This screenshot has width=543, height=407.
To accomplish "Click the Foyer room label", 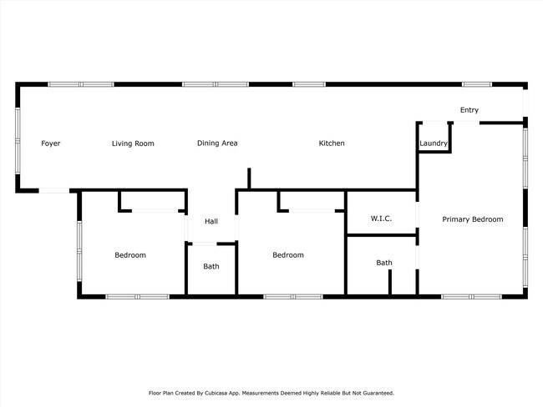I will (x=51, y=143).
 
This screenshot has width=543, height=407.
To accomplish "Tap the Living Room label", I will (x=133, y=143).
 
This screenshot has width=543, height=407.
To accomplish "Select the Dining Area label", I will (x=217, y=143).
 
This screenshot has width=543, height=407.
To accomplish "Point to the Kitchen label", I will (x=332, y=143).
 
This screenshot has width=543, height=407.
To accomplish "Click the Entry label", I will (x=469, y=110).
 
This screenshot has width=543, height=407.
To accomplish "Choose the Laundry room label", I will (x=434, y=143).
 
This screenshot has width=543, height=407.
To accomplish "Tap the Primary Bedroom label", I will (x=473, y=219).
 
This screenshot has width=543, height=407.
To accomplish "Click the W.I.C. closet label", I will (x=381, y=219).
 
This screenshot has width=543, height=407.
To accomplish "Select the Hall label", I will (x=211, y=221).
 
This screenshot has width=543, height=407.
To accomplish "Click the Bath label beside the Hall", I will (x=211, y=267).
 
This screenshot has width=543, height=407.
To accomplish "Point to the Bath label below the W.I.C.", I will (x=383, y=263).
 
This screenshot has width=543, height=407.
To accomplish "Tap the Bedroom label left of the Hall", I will (x=130, y=255).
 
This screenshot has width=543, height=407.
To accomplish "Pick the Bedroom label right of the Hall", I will (x=288, y=255).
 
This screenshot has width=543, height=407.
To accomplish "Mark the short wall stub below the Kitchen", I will (x=249, y=178).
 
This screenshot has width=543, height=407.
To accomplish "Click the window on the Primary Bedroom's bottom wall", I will (x=471, y=296).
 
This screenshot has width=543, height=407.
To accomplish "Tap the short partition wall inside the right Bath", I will (x=390, y=282).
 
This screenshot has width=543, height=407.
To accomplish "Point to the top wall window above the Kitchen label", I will (x=309, y=84).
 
